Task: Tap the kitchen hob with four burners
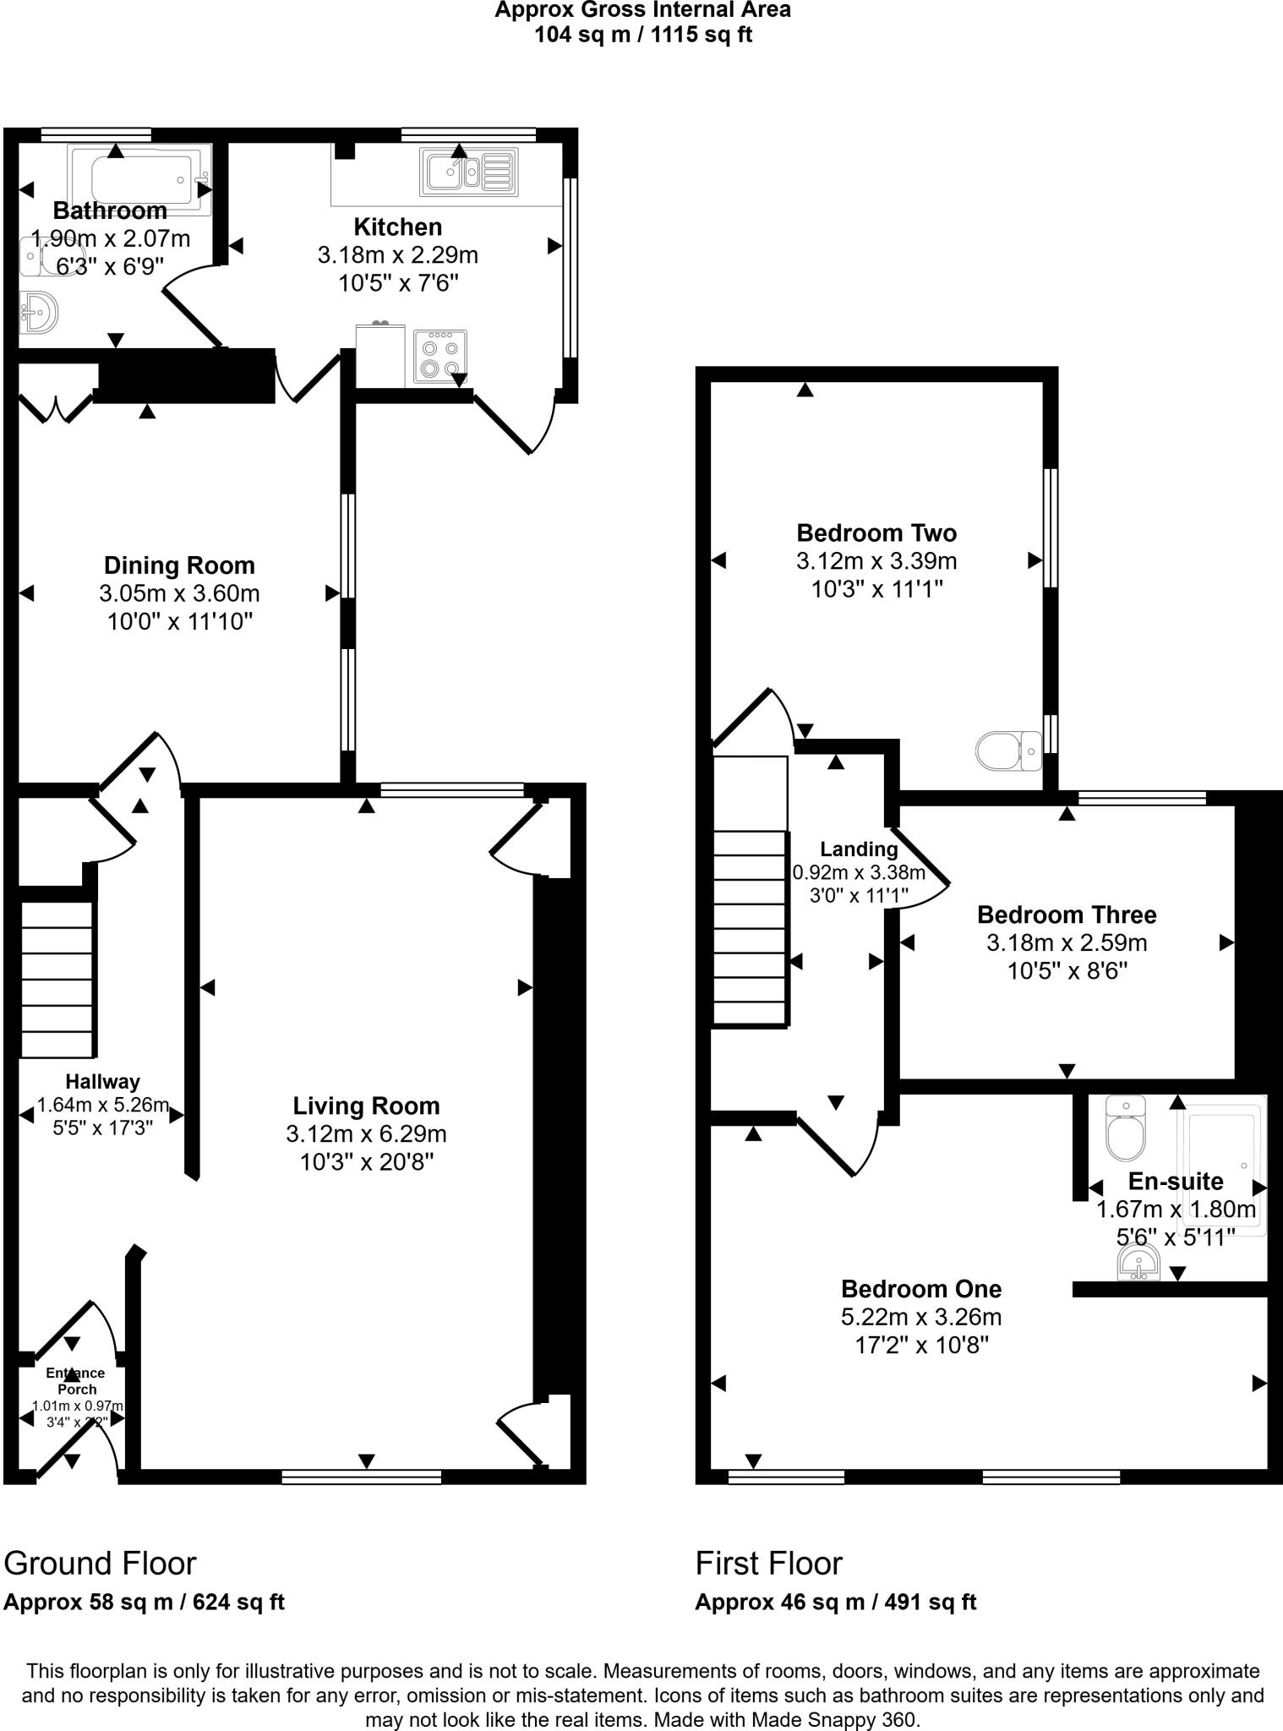click(440, 358)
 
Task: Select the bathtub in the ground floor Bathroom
click(139, 179)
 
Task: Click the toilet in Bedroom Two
click(1008, 750)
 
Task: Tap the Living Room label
click(366, 1106)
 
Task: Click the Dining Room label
click(179, 565)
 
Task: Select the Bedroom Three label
click(1067, 915)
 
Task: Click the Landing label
click(859, 849)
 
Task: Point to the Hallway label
click(103, 1081)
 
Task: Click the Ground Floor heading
click(100, 1564)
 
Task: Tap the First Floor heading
click(768, 1564)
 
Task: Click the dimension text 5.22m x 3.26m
click(920, 1317)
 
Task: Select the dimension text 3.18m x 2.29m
click(398, 254)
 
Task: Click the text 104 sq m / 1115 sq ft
click(642, 35)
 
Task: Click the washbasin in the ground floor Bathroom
click(38, 312)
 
